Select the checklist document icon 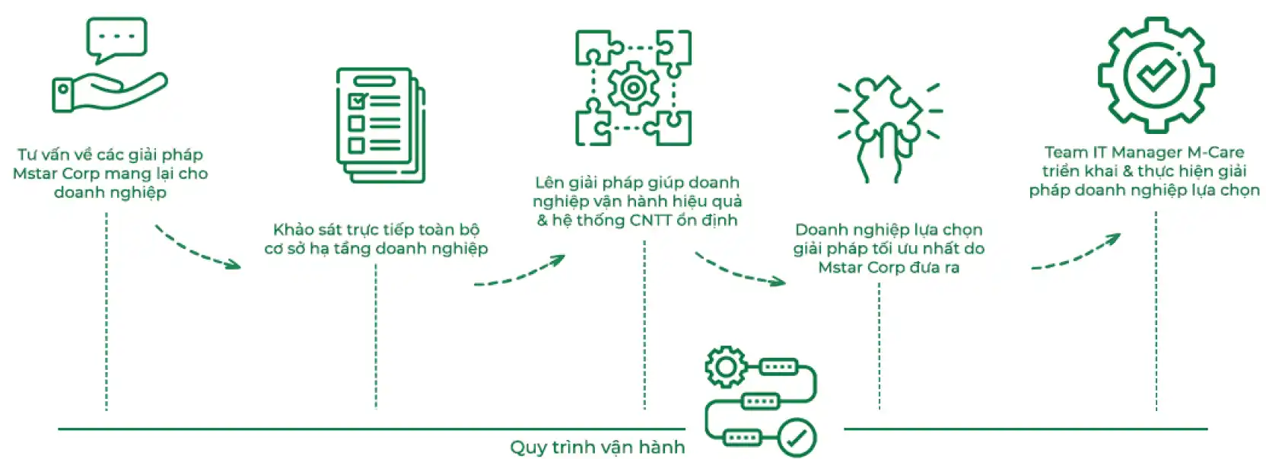click(x=380, y=125)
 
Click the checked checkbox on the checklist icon click(x=357, y=100)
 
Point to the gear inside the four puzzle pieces click(x=633, y=88)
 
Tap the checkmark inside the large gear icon click(x=1156, y=74)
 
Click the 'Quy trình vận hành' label click(x=597, y=447)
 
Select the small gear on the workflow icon click(x=725, y=368)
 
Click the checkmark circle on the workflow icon click(x=797, y=438)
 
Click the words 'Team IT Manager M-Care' click(x=1144, y=152)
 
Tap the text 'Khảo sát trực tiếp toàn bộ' click(x=376, y=229)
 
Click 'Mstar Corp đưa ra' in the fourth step click(x=889, y=267)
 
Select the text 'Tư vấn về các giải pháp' click(x=110, y=155)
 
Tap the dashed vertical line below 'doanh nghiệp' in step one click(x=107, y=312)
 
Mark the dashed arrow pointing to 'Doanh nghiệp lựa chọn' click(x=739, y=271)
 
